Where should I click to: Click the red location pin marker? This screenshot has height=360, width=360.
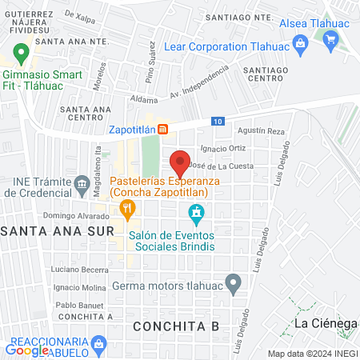pyautogui.click(x=181, y=162)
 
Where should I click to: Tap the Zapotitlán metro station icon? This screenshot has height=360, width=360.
pyautogui.click(x=162, y=129)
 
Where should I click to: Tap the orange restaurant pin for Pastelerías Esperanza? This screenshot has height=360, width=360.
pyautogui.click(x=126, y=210)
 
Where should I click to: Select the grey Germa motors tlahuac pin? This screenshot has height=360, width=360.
pyautogui.click(x=233, y=282)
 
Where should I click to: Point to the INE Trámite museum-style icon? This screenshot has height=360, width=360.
pyautogui.click(x=82, y=186)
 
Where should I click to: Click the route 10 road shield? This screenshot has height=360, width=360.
pyautogui.click(x=218, y=121)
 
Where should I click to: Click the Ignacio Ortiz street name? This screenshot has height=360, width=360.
pyautogui.click(x=223, y=148)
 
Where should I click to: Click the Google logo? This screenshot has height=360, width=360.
pyautogui.click(x=27, y=349)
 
